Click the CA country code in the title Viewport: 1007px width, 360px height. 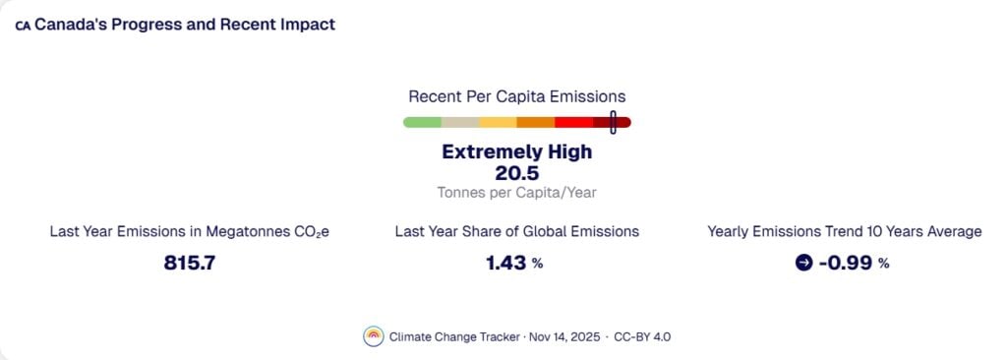click(23, 26)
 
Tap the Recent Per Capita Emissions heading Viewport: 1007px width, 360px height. click(516, 96)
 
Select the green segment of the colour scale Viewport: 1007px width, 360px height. click(423, 122)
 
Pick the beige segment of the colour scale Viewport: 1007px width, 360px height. click(460, 122)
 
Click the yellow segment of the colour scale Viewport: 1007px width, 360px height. click(498, 122)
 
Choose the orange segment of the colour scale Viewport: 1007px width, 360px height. click(536, 122)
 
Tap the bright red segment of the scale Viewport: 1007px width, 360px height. click(573, 122)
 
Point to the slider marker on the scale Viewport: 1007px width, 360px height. click(613, 122)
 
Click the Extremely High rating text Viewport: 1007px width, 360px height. click(516, 152)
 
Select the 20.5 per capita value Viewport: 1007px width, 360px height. click(516, 173)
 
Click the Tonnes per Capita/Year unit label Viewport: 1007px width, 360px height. click(516, 193)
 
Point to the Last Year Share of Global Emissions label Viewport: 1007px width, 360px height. click(516, 231)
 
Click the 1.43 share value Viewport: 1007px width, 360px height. click(507, 263)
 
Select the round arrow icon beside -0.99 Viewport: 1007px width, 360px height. click(802, 263)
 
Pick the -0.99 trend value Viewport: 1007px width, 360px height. click(845, 263)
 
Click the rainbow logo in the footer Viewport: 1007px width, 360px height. click(373, 335)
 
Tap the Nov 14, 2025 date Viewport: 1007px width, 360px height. click(556, 336)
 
